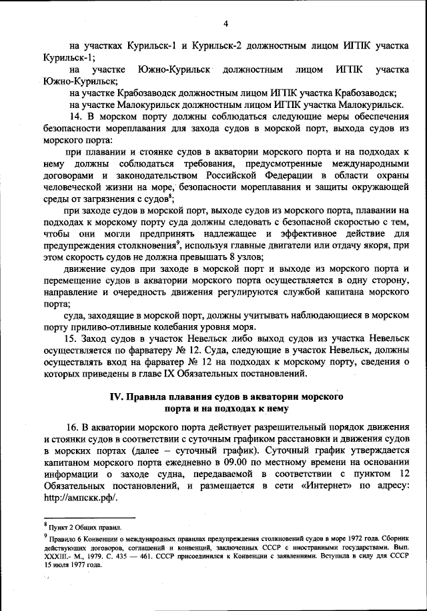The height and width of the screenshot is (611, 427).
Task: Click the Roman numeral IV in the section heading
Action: pyautogui.click(x=117, y=397)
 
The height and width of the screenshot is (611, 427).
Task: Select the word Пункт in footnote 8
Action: pyautogui.click(x=60, y=527)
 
